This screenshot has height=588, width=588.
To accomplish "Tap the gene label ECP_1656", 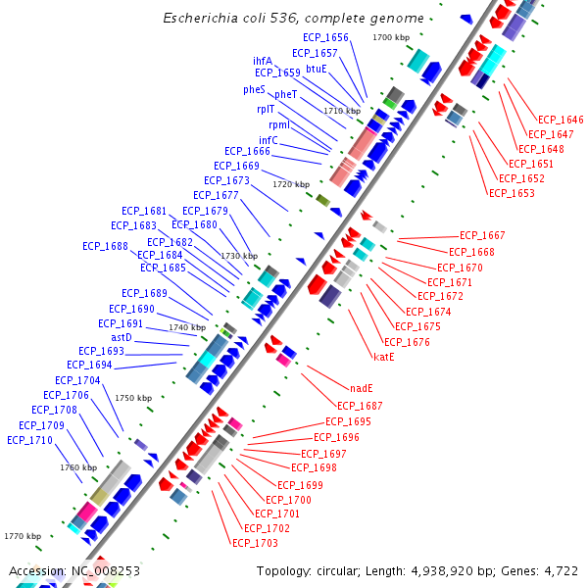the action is pyautogui.click(x=325, y=37).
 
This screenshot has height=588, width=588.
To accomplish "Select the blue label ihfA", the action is pyautogui.click(x=263, y=61).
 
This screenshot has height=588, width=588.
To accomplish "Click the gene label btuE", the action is pyautogui.click(x=317, y=69).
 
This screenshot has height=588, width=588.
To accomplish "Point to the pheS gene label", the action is pyautogui.click(x=254, y=89).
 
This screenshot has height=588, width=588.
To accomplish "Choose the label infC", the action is pyautogui.click(x=268, y=140).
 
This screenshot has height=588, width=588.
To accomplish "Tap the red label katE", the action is pyautogui.click(x=383, y=357).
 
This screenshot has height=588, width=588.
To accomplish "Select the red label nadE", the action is pyautogui.click(x=361, y=388).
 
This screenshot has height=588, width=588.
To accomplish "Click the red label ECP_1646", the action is pyautogui.click(x=561, y=120).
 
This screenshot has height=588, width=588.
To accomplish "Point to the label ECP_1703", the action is pyautogui.click(x=255, y=543).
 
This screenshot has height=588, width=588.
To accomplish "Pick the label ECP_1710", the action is pyautogui.click(x=29, y=440).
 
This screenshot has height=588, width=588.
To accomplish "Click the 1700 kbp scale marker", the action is pyautogui.click(x=391, y=37).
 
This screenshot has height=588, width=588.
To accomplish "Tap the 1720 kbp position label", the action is pyautogui.click(x=290, y=184).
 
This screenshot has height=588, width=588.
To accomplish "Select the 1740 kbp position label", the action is pyautogui.click(x=187, y=327).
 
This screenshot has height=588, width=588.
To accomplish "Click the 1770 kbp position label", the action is pyautogui.click(x=22, y=536).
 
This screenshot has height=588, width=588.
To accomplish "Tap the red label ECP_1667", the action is pyautogui.click(x=482, y=235).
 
